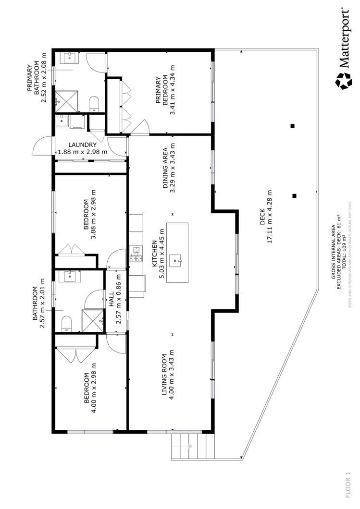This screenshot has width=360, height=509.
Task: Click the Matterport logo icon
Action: coord(344,81)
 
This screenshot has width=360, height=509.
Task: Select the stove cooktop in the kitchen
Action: coord(136,254)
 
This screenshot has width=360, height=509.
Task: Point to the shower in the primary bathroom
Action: coord(67,102)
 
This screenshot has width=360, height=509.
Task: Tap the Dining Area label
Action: coord(165,168)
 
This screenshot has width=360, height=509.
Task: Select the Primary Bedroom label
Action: coord(162,91)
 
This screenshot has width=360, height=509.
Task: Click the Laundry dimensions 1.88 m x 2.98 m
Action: coord(83,152)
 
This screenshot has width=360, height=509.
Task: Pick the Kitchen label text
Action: coord(155,252)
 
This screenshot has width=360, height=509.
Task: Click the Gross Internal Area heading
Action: coord(333,252)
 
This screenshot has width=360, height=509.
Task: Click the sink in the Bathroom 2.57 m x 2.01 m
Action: coord(70,277)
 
